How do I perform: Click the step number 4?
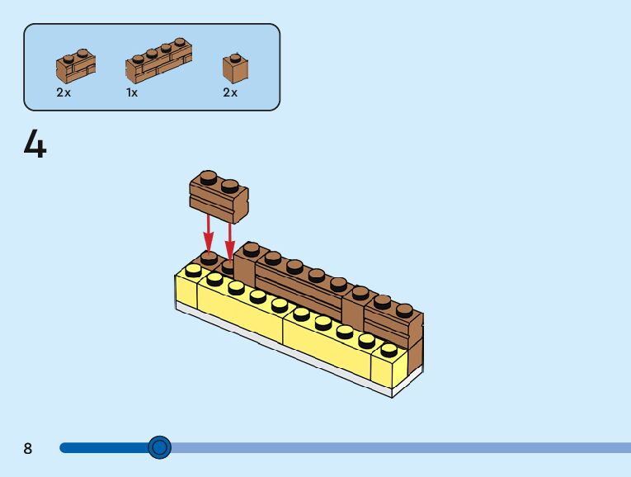pos(35,145)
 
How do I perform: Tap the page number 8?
pos(28,448)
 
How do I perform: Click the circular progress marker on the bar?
pos(160,447)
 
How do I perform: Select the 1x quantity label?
pos(132,92)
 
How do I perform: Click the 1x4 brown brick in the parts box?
pos(158,63)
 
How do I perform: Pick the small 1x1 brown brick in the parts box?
pos(237,68)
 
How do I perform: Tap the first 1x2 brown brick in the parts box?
pos(75,64)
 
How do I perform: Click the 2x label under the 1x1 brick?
pos(230,92)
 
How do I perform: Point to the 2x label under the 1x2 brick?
pos(64,92)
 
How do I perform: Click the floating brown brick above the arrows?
pos(219,197)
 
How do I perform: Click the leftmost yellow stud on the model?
pos(194,271)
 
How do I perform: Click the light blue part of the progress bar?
pos(396,447)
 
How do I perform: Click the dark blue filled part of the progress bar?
pos(103,447)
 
